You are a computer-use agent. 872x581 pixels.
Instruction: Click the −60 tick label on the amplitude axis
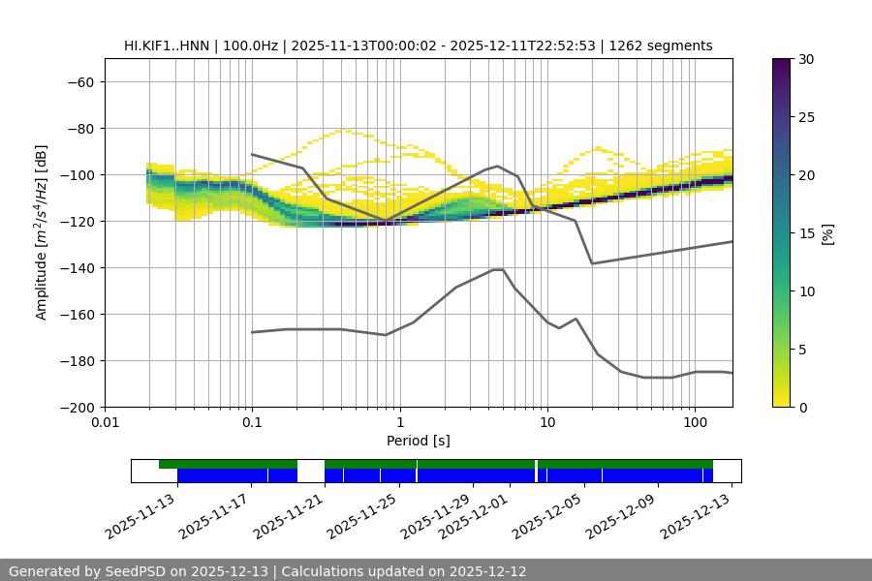(x=79, y=82)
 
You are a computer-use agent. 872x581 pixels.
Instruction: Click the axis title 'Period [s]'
(x=419, y=441)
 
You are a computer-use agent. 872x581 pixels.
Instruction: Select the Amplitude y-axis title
(x=42, y=233)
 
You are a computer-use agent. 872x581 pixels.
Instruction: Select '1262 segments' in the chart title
(x=661, y=46)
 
